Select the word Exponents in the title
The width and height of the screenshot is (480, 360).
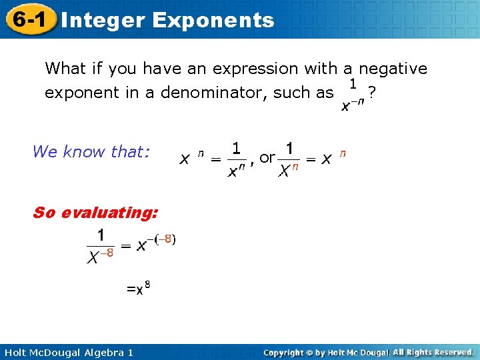[x=213, y=20]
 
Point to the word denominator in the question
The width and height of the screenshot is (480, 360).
[x=213, y=93]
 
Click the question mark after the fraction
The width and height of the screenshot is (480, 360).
[x=371, y=93]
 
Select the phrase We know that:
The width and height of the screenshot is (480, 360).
[x=89, y=152]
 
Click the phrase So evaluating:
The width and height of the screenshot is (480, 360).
[x=95, y=213]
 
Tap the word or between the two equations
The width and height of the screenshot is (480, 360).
[x=267, y=157]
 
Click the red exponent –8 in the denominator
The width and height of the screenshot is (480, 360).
[x=106, y=253]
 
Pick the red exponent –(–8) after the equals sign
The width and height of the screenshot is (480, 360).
[x=163, y=239]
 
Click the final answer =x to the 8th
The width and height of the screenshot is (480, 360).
[x=138, y=289]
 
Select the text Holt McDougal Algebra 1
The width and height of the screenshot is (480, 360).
[x=67, y=352]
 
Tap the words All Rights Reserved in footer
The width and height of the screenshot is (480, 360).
[x=433, y=352]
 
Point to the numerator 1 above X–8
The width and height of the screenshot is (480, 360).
[x=100, y=235]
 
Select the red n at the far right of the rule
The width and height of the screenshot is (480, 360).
[x=343, y=153]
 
